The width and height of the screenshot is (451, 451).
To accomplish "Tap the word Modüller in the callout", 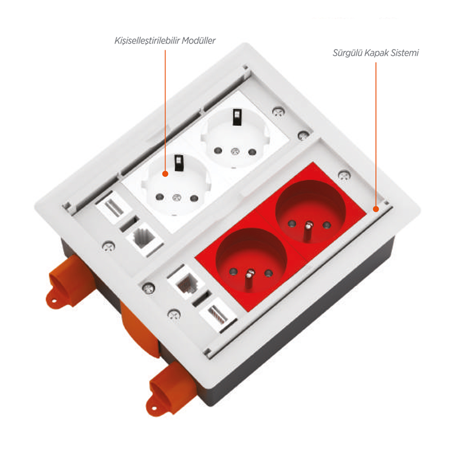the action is (198, 41).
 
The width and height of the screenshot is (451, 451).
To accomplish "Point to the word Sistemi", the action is (405, 53).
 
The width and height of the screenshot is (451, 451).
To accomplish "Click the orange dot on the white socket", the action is (165, 174).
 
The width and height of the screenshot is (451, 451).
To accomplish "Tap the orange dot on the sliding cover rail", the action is (376, 209).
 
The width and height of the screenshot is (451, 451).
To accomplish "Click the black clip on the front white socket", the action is (179, 162).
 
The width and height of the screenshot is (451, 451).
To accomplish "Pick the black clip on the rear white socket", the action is (237, 117).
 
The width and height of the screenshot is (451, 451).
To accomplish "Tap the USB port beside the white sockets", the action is (113, 207).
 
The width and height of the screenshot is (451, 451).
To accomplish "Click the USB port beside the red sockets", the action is (218, 315).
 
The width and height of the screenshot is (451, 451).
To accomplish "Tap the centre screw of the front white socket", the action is (176, 198).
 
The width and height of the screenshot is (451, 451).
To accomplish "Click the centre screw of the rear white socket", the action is (235, 151).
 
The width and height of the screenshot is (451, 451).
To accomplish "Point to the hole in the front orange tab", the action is (154, 408).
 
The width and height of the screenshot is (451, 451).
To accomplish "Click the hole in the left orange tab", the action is (54, 302).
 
